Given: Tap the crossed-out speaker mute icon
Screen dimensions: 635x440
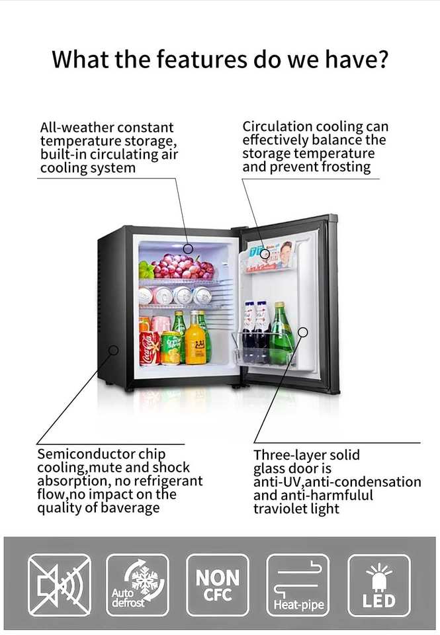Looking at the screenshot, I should (x=59, y=585).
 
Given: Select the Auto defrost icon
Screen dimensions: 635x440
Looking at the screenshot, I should (x=138, y=585).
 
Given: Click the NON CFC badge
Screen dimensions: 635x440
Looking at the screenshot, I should (x=218, y=585).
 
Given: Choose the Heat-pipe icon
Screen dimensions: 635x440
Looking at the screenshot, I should (x=298, y=585).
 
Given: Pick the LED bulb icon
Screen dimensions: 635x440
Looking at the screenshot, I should (x=378, y=585).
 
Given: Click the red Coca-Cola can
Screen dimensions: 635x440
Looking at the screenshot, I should (x=149, y=347).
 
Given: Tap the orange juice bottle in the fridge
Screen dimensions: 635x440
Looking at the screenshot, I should (x=195, y=343).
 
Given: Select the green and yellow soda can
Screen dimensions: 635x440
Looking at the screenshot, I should (x=171, y=348).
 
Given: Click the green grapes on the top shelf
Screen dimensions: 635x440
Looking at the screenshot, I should (x=146, y=270).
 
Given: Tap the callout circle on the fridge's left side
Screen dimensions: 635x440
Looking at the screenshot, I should (x=113, y=349).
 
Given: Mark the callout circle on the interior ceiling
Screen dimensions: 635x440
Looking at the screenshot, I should (x=188, y=249).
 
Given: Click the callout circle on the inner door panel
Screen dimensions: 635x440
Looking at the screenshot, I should (x=302, y=332).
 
